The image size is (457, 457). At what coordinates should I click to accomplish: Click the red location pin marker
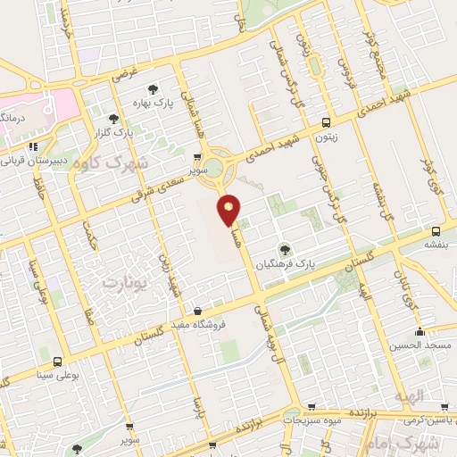point(229,211)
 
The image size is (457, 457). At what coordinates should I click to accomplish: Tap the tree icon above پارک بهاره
point(154,88)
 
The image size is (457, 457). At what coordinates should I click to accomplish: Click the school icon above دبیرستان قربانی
point(33,146)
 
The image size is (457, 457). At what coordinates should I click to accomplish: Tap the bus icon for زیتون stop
point(327,122)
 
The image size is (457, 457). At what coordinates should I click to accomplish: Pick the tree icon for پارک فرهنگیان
point(286,250)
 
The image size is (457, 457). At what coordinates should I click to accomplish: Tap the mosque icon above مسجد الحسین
point(420,331)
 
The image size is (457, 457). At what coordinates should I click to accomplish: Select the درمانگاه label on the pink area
point(12,116)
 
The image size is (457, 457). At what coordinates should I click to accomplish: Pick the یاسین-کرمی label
point(425,418)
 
